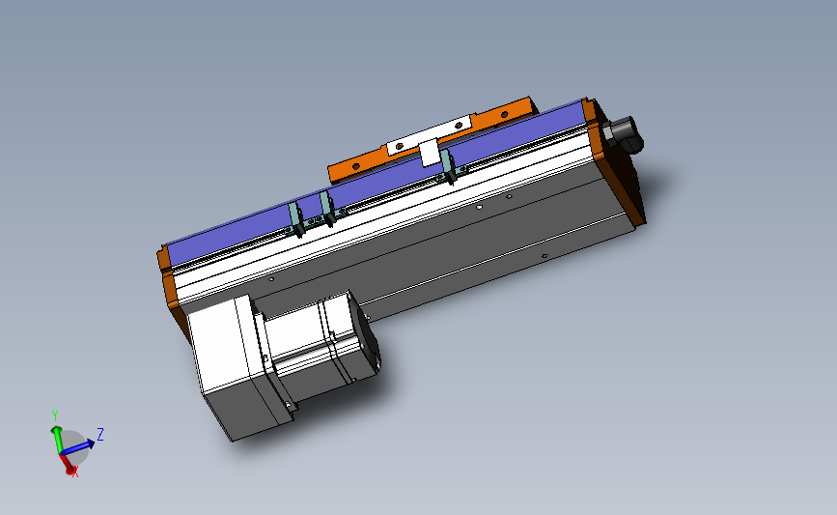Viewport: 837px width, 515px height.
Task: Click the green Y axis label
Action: point(56,415)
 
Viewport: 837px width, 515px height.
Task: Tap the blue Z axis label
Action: point(100,434)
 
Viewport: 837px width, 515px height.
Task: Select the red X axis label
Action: point(76,472)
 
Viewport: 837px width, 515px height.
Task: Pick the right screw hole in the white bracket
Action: point(459,125)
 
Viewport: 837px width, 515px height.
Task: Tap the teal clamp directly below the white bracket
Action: point(447,164)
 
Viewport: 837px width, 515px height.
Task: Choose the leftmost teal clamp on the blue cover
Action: point(296,221)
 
